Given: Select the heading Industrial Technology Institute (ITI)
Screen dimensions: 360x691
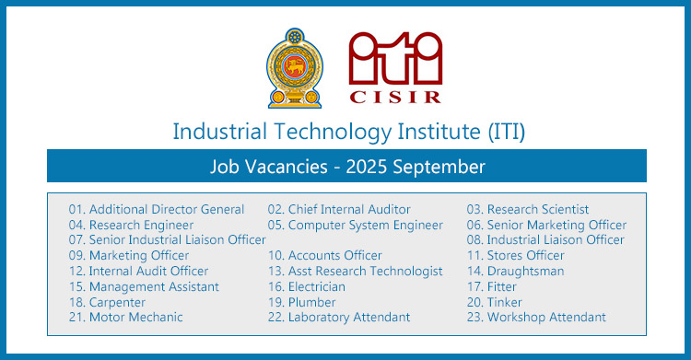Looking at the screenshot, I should point(348,131).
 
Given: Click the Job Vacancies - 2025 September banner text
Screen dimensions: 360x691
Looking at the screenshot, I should point(346,167).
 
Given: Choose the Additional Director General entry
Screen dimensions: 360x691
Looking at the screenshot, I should point(157,209).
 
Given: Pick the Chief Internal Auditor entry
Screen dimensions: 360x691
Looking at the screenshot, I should point(339,209).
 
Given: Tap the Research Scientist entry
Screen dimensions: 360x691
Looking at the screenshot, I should point(528,209).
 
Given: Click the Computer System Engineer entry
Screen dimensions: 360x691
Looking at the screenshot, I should point(355,225).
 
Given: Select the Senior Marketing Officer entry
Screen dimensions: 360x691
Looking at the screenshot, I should point(546,225).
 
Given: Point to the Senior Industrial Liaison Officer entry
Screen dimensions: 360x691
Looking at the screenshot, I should point(167,240).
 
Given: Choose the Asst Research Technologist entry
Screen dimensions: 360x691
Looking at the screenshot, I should point(355,271).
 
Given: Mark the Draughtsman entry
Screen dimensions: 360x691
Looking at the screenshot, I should point(515,271).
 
